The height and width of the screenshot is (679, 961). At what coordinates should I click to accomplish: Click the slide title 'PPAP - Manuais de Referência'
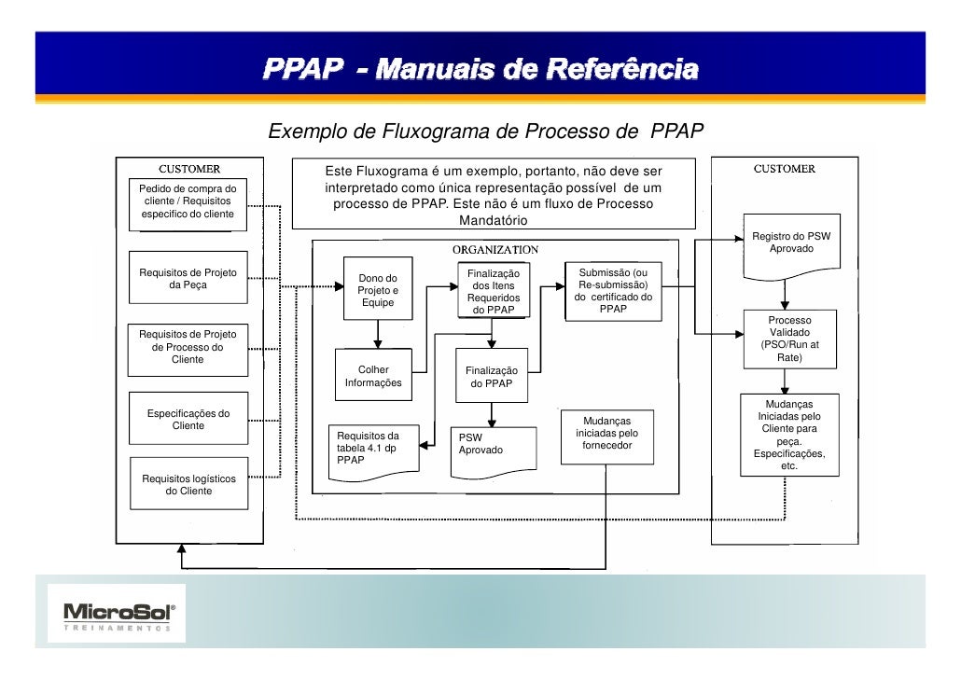480,70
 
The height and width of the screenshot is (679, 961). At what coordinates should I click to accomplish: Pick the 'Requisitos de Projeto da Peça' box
188,278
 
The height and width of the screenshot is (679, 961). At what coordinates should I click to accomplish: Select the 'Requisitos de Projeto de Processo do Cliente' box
188,346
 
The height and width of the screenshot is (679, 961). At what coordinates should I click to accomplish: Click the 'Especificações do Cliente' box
188,419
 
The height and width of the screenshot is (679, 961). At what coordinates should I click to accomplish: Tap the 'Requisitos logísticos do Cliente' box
188,484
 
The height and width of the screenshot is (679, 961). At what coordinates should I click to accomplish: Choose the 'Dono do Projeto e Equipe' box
378,289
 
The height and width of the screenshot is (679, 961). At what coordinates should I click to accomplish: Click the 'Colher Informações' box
373,376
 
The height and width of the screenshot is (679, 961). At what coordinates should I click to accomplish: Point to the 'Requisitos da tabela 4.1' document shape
373,449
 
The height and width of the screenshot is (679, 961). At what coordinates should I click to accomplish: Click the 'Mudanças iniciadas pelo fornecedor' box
606,434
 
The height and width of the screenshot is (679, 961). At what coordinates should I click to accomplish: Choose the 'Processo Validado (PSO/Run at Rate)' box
789,339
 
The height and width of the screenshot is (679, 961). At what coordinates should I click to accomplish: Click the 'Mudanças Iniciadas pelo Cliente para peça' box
789,434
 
